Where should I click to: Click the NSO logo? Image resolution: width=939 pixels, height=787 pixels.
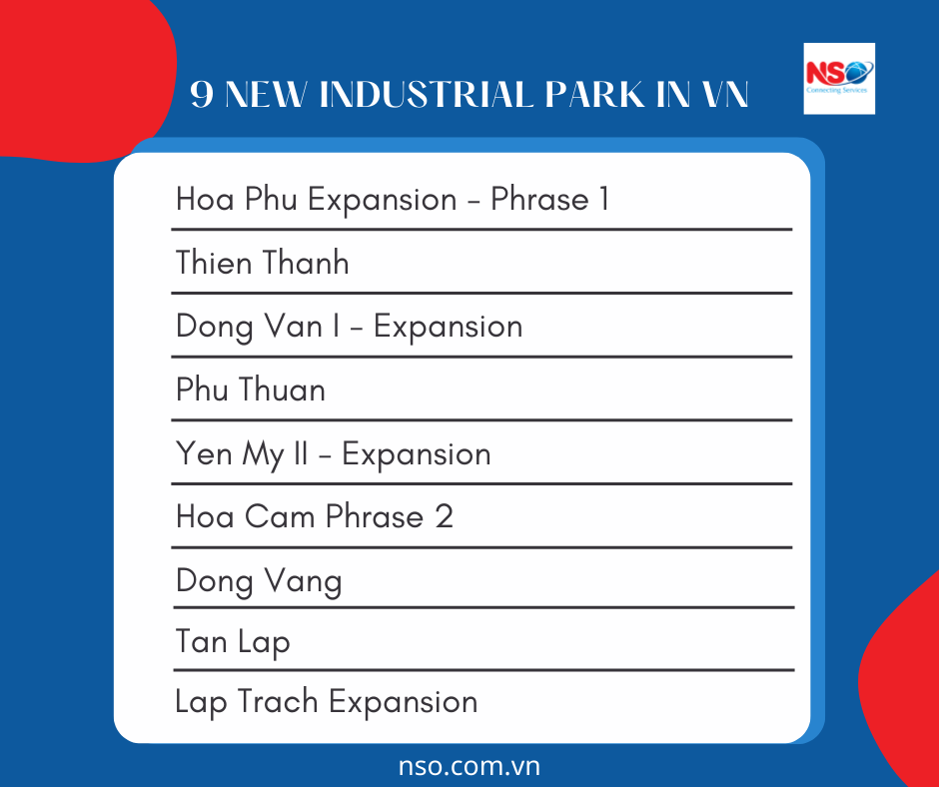(x=839, y=78)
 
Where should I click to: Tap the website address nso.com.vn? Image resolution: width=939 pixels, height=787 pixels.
(x=469, y=766)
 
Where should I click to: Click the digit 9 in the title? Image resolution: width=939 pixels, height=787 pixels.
(x=202, y=96)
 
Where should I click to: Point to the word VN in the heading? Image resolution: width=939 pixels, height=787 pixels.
(x=725, y=96)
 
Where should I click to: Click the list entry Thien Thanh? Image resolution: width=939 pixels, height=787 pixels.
(x=263, y=263)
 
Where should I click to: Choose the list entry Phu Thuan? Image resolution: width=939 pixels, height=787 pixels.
(x=251, y=390)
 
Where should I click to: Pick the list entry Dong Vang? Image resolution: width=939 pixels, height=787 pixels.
(x=259, y=581)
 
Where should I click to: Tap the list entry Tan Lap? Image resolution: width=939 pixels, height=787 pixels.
(x=233, y=641)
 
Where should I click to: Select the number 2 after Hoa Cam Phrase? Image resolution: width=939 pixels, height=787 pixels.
(x=444, y=516)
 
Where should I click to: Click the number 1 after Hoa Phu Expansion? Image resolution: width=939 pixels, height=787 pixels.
(x=603, y=199)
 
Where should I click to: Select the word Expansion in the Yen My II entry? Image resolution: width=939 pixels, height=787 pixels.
(x=416, y=454)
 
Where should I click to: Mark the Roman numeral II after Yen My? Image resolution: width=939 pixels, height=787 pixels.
(x=301, y=453)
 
